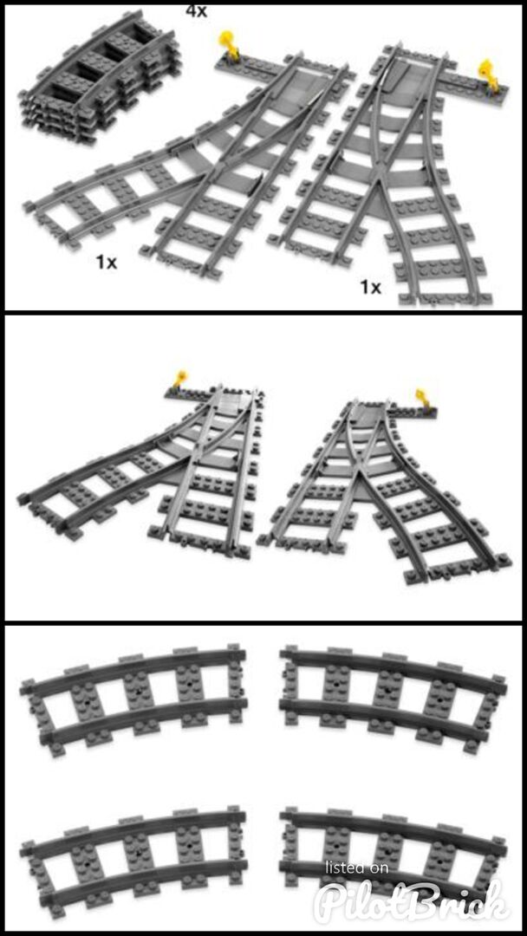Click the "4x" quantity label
tap(197, 10)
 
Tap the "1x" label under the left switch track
tap(107, 262)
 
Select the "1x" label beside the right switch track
tap(370, 288)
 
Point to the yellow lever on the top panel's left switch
tap(229, 44)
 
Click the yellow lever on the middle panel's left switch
tap(179, 379)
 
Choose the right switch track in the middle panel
tap(382, 490)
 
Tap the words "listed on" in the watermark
tap(357, 867)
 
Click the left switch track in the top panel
tap(191, 161)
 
